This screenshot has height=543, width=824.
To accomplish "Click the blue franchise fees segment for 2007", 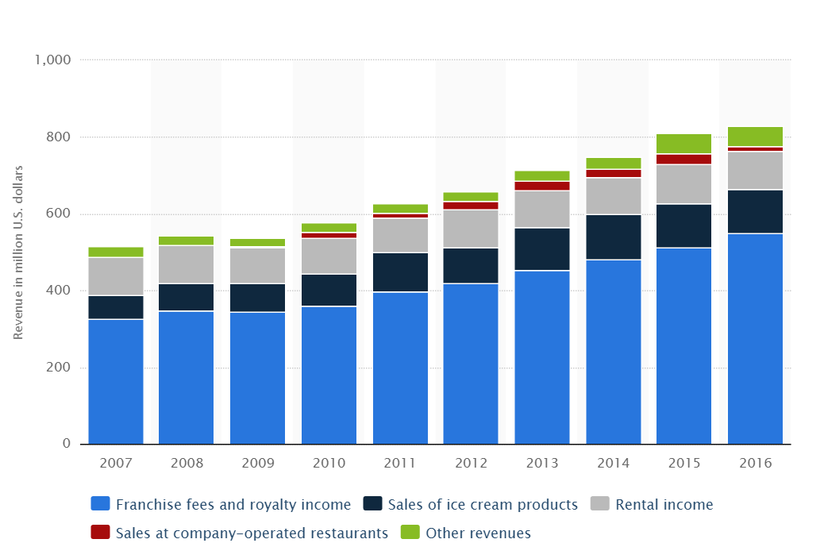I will click(x=116, y=381).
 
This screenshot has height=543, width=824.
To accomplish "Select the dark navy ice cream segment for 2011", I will click(x=400, y=272).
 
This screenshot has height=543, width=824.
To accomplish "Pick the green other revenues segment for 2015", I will click(x=684, y=144).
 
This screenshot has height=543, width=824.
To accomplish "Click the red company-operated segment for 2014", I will click(x=614, y=173).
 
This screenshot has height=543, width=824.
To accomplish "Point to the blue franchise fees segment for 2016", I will click(x=755, y=338).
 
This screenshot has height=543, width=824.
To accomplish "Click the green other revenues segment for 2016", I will click(x=755, y=137).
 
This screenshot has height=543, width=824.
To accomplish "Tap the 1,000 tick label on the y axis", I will click(x=52, y=60).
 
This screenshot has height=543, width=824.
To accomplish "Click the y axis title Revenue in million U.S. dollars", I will click(x=17, y=252).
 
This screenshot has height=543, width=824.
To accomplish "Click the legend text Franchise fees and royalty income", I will click(x=233, y=505).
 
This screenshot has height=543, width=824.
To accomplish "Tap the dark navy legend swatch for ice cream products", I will click(x=373, y=504).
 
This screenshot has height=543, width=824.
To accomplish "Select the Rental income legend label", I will click(x=664, y=505).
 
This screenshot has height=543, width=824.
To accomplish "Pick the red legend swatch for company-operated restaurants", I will click(x=100, y=533).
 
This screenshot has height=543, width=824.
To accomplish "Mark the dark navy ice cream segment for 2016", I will click(x=755, y=211).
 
